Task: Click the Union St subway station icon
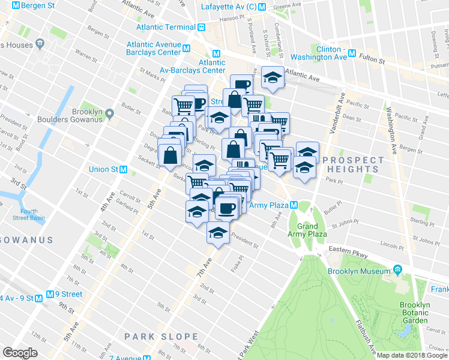pyautogui.click(x=124, y=169)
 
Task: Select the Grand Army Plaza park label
pyautogui.click(x=307, y=230)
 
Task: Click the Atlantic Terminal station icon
pyautogui.click(x=202, y=27)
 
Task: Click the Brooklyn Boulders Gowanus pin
pyautogui.click(x=109, y=113)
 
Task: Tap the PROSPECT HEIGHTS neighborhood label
pyautogui.click(x=353, y=164)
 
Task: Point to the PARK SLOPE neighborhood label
pyautogui.click(x=161, y=336)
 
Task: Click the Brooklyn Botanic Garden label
pyautogui.click(x=415, y=313)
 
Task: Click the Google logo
pyautogui.click(x=20, y=353)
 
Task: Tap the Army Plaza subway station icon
pyautogui.click(x=294, y=205)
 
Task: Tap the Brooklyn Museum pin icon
pyautogui.click(x=396, y=271)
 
